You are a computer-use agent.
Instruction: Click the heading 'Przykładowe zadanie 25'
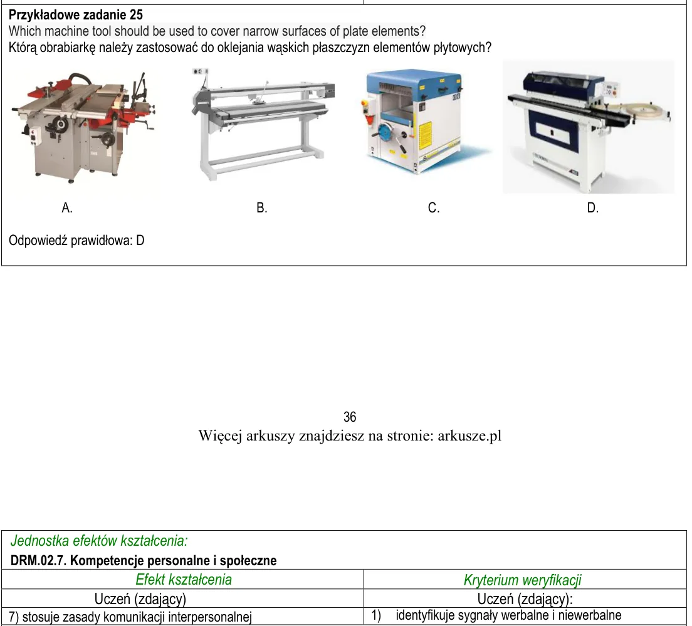[x=76, y=15]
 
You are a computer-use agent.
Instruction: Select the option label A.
[x=67, y=207]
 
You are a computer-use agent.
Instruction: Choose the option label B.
[x=262, y=207]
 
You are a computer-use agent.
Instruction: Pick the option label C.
[x=434, y=207]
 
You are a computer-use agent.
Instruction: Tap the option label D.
[x=593, y=207]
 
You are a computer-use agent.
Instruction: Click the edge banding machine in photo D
[x=589, y=128]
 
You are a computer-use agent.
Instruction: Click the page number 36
[x=350, y=417]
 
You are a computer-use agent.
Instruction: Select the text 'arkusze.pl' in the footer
[x=469, y=436]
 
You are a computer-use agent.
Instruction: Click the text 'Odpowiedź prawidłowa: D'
[x=77, y=241]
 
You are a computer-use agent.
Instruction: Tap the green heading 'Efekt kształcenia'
[x=184, y=580]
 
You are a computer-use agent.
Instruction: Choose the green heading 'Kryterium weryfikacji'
[x=523, y=580]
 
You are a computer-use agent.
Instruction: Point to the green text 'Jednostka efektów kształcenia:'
[x=99, y=541]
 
